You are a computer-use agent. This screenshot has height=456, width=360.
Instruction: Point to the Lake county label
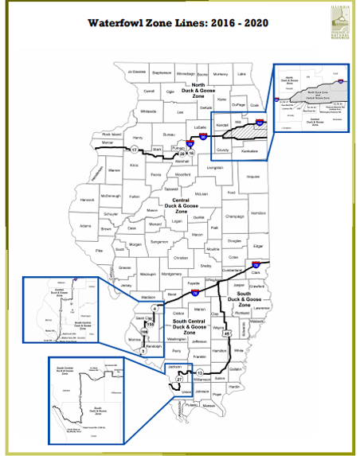coord(241,73)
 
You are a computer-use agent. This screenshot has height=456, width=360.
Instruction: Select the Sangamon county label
coord(159,240)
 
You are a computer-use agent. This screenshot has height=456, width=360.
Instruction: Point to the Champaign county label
coord(234,216)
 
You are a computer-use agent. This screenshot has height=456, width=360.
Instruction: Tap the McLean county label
coord(201,193)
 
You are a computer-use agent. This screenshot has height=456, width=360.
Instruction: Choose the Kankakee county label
coord(249,150)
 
